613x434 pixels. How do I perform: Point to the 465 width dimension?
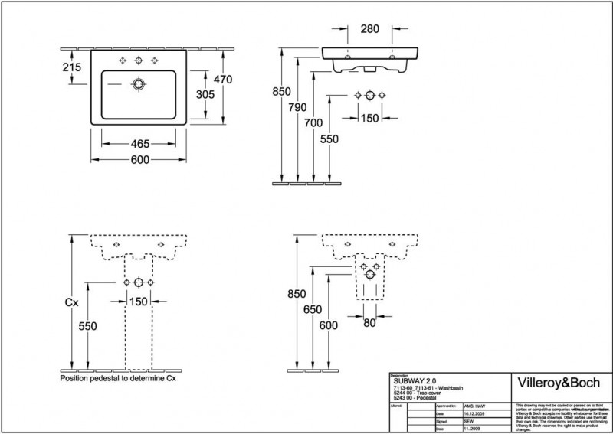[139, 143]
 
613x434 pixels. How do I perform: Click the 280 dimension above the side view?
[369, 29]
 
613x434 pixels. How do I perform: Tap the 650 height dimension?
[310, 309]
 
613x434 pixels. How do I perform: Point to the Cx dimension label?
[70, 303]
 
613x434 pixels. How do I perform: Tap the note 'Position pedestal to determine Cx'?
[118, 378]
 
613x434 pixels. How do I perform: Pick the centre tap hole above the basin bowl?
[139, 60]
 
